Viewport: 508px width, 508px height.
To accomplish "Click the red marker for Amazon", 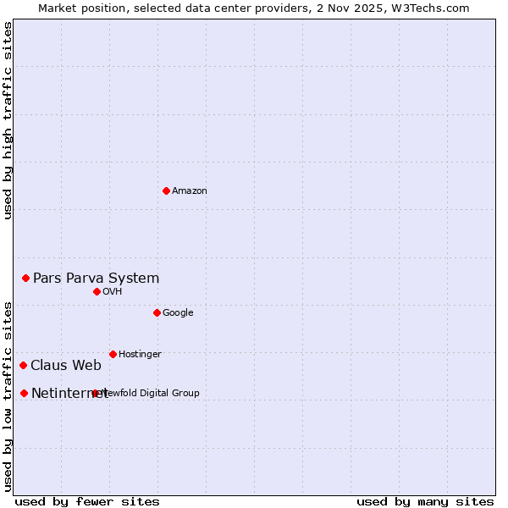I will click(x=166, y=190).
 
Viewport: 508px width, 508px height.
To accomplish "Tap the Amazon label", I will click(x=189, y=190).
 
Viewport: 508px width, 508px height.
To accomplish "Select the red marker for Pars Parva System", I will click(x=25, y=278).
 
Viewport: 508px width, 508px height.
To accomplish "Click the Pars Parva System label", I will click(x=96, y=278).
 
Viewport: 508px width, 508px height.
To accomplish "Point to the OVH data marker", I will click(x=97, y=291).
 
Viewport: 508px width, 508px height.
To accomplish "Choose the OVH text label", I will click(x=113, y=291).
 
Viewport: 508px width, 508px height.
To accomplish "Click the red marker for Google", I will click(x=157, y=312).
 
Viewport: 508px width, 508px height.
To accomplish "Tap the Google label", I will click(x=178, y=312).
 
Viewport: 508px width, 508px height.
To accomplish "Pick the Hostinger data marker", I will click(x=113, y=354).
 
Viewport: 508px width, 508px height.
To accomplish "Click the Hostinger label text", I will click(x=140, y=354).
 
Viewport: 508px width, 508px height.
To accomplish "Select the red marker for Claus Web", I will click(x=23, y=365).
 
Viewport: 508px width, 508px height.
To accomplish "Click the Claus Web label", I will click(x=66, y=366).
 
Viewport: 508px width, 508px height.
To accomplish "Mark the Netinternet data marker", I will click(x=24, y=393).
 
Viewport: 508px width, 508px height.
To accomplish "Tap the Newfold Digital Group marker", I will click(x=95, y=393).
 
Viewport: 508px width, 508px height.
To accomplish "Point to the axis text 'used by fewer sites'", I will click(x=87, y=501).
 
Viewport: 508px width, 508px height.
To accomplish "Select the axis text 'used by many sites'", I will click(x=425, y=501).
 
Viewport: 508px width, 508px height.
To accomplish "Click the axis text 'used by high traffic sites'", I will click(x=8, y=120).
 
